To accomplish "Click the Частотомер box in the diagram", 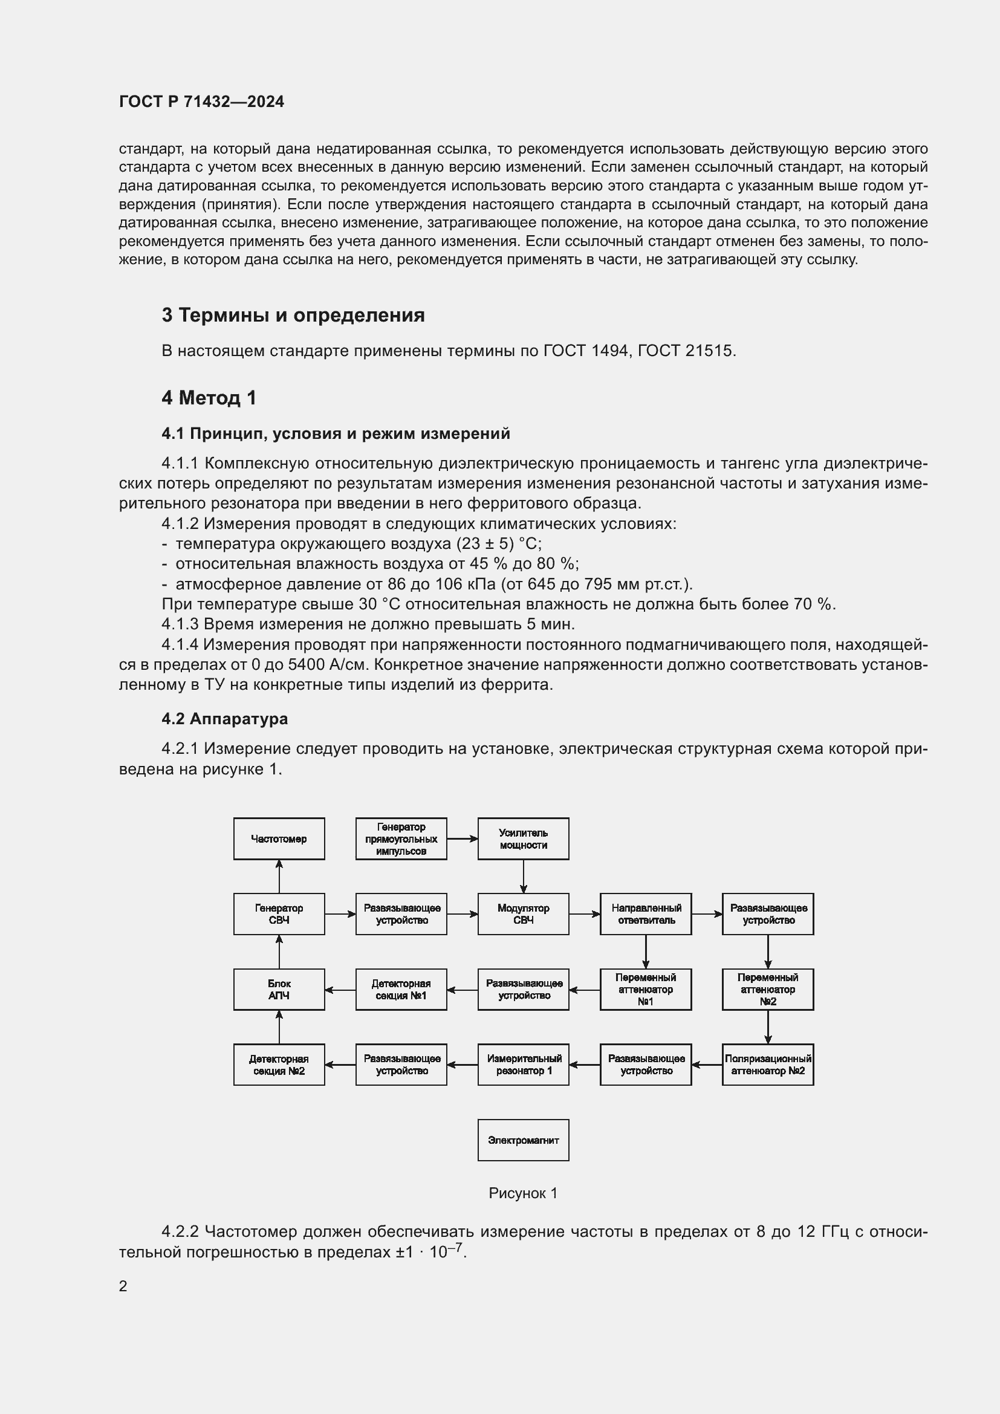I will pos(279,839).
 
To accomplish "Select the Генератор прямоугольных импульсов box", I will pos(401,839).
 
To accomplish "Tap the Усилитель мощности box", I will pos(523,839).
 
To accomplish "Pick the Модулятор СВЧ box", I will pos(523,914).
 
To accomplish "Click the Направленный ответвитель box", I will pos(645,914).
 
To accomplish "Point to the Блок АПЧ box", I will pos(279,989).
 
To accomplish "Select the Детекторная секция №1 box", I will pos(401,989).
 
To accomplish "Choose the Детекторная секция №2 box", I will pos(279,1065).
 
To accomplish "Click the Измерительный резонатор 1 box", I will pos(523,1065).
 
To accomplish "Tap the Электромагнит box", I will pos(523,1140).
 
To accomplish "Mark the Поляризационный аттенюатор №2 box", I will pos(767,1065).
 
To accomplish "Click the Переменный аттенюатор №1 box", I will pos(645,989).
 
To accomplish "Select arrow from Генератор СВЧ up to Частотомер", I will pos(279,877).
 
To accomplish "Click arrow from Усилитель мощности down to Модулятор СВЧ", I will pos(524,877).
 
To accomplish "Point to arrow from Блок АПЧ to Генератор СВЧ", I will pos(279,952).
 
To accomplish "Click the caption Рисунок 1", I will pos(523,1193).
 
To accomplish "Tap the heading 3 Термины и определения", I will pos(293,316).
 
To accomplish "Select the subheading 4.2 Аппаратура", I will pos(225,719).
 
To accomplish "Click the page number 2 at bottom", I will pos(123,1286).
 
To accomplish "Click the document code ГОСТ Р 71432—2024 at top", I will pos(201,102).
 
